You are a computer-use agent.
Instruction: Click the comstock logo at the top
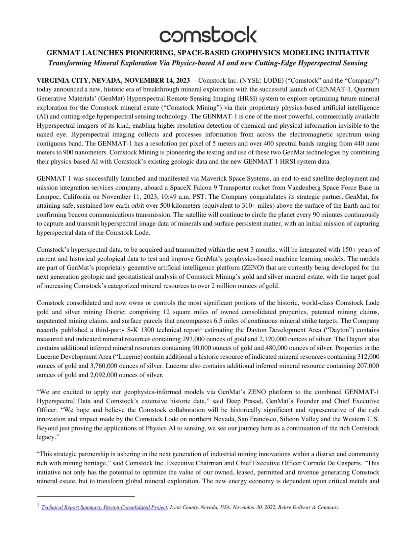tap(208, 35)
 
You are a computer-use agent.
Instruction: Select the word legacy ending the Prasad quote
tap(44, 437)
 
